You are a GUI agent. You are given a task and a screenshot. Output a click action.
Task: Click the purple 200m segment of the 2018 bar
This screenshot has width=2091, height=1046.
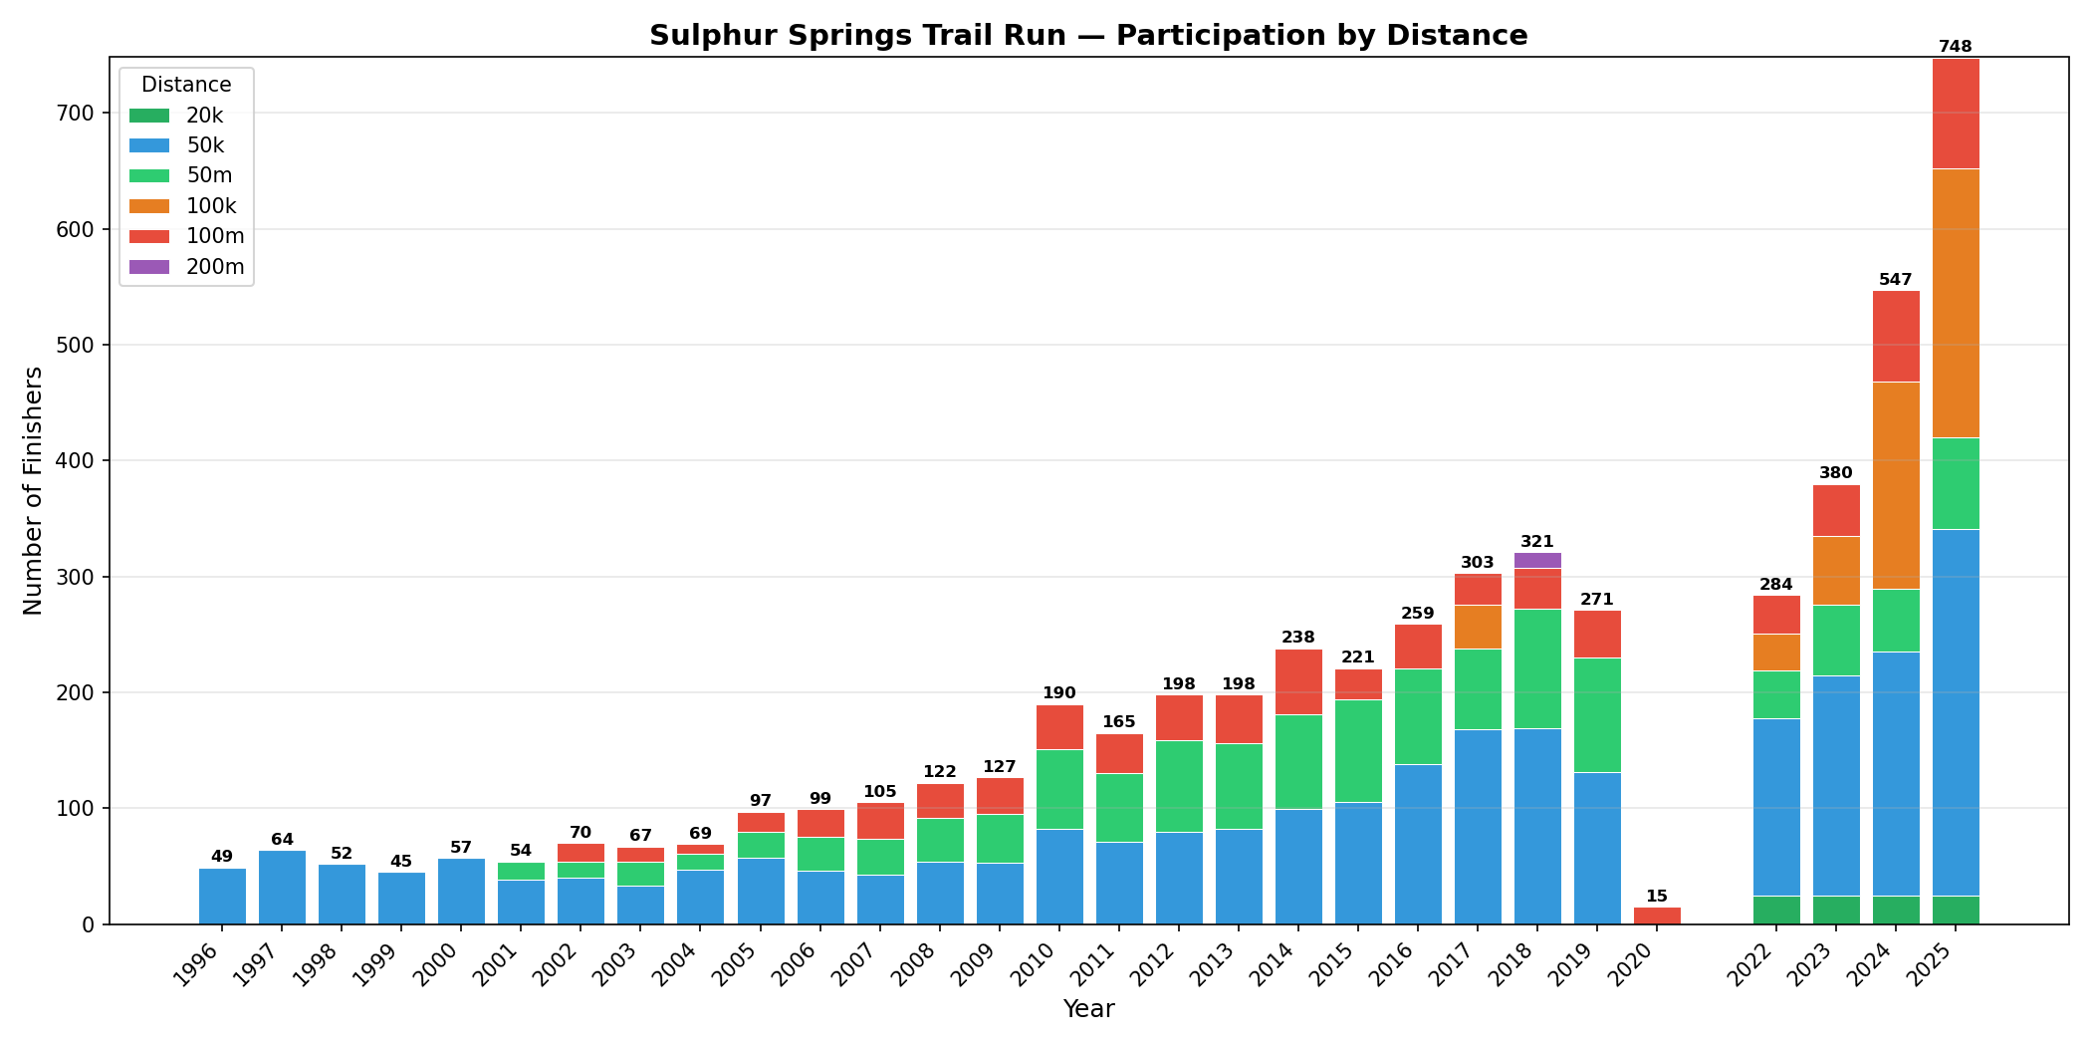(1537, 561)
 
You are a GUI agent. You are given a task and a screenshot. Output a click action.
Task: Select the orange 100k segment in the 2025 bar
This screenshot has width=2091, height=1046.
(1956, 304)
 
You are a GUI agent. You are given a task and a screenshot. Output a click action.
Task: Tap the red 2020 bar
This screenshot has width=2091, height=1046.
(1657, 916)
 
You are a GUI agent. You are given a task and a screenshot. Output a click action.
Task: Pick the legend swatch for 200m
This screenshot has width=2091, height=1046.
(149, 267)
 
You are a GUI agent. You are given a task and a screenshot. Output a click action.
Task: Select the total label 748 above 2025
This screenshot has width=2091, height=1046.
(1956, 47)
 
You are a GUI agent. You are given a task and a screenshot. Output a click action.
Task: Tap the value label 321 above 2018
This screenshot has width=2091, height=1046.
(1537, 542)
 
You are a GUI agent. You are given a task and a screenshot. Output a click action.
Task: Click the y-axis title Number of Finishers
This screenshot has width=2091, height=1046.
(34, 490)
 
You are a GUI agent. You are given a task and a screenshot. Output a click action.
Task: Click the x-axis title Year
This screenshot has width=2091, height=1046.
(1088, 1009)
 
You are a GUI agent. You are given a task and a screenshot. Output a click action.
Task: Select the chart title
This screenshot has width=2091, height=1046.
(1088, 36)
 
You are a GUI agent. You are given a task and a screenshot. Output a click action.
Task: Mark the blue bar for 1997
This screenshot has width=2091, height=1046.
(282, 887)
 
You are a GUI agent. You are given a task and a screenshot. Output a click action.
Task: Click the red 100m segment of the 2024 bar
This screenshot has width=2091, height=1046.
(1896, 337)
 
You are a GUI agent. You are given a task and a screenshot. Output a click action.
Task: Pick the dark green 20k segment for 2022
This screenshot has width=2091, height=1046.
(1776, 911)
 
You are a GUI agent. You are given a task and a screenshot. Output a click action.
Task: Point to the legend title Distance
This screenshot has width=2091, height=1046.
(186, 85)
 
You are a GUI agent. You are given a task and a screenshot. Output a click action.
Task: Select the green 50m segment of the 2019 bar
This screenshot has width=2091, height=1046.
(1597, 715)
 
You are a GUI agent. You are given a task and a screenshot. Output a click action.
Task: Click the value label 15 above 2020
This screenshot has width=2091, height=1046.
(1657, 897)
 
